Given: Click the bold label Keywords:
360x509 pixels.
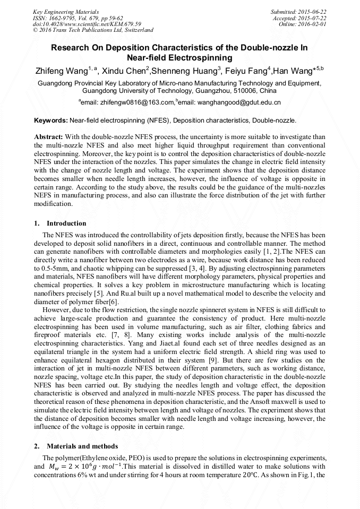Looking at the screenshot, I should pos(50,121).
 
